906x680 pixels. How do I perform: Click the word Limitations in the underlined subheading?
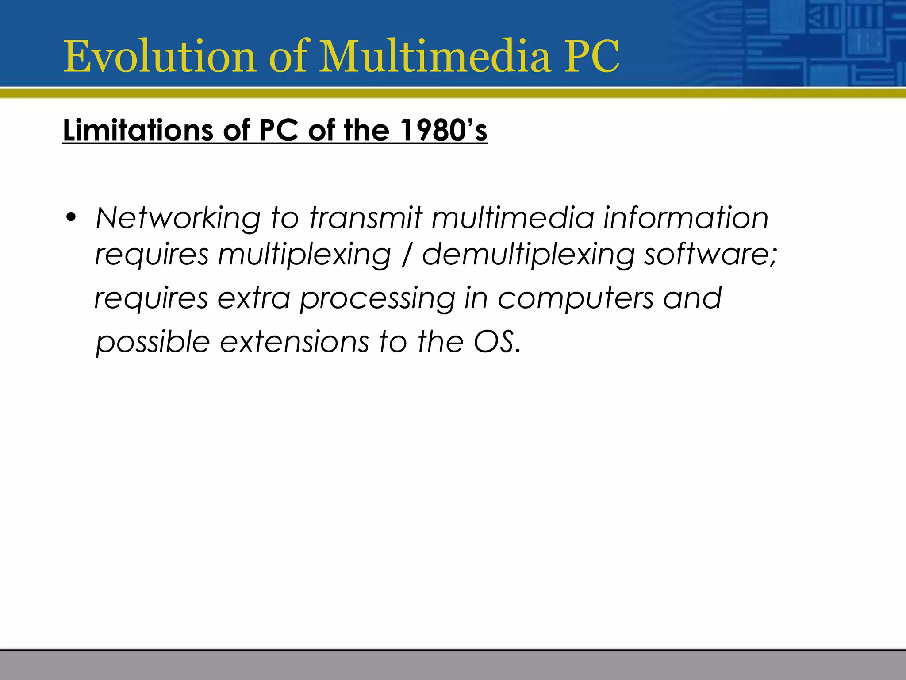[x=138, y=131]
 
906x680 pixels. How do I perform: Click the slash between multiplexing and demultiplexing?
[x=407, y=256]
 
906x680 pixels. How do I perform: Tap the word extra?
[x=254, y=298]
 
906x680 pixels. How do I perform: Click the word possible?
[x=153, y=342]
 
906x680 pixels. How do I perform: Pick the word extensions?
[x=294, y=342]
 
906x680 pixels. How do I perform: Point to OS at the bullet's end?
[x=494, y=342]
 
